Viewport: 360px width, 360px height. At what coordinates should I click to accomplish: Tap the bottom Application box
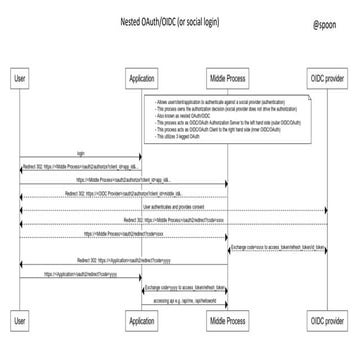pyautogui.click(x=141, y=321)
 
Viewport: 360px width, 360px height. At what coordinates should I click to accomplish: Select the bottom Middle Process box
pyautogui.click(x=228, y=321)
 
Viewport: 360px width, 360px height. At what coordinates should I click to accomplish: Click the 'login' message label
pyautogui.click(x=81, y=153)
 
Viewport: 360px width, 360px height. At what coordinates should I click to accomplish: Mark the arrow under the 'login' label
pyautogui.click(x=81, y=159)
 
